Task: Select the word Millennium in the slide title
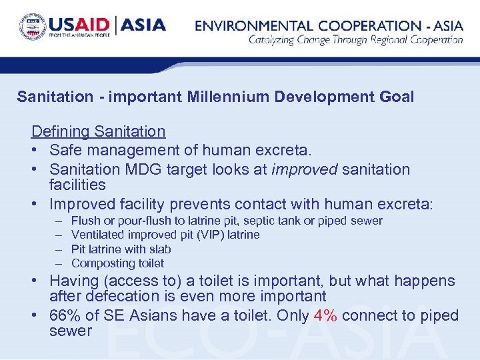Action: (215, 97)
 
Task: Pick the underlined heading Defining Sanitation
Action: (98, 131)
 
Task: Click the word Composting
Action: (99, 263)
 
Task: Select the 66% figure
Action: (65, 315)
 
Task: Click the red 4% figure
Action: (325, 315)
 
